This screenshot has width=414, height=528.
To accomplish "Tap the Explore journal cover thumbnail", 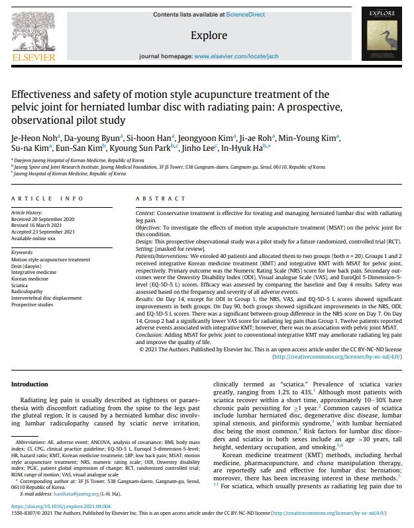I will point(384,35).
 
